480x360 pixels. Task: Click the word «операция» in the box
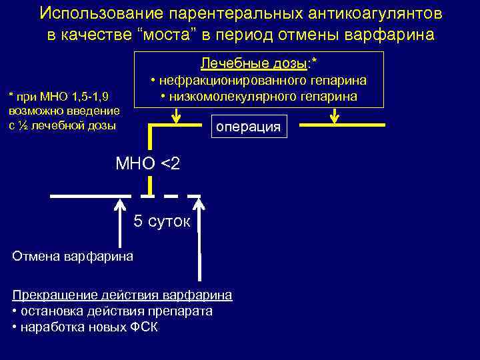(249, 127)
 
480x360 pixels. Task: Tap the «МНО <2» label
(147, 163)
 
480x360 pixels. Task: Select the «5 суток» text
(162, 221)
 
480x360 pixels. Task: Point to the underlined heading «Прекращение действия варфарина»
(122, 295)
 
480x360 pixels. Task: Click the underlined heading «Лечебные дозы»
(253, 63)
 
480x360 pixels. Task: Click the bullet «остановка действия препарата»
(112, 311)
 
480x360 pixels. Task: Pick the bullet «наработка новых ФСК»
(85, 327)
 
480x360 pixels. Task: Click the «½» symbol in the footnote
(33, 125)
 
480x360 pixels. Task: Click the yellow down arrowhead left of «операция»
(176, 118)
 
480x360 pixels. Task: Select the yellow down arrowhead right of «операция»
(335, 118)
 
